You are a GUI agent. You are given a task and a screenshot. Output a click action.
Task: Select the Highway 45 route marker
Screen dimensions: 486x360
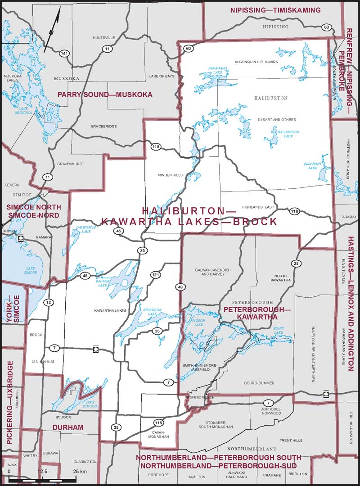[118, 231]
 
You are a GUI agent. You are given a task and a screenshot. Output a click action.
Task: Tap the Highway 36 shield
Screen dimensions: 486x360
[157, 331]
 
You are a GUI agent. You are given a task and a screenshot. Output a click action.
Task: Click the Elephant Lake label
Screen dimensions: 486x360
[313, 166]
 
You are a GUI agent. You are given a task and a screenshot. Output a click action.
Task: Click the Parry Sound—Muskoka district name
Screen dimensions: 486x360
[104, 95]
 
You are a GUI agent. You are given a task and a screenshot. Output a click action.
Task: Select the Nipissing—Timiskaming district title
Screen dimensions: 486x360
[275, 10]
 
